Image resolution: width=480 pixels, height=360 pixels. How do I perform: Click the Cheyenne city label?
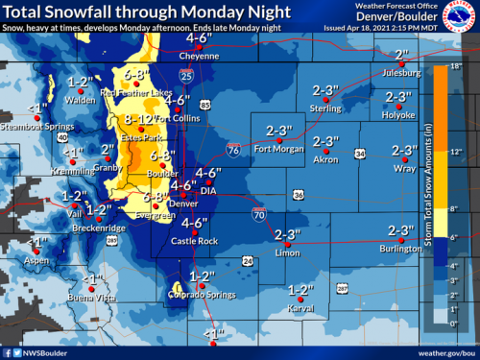coord(198,55)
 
